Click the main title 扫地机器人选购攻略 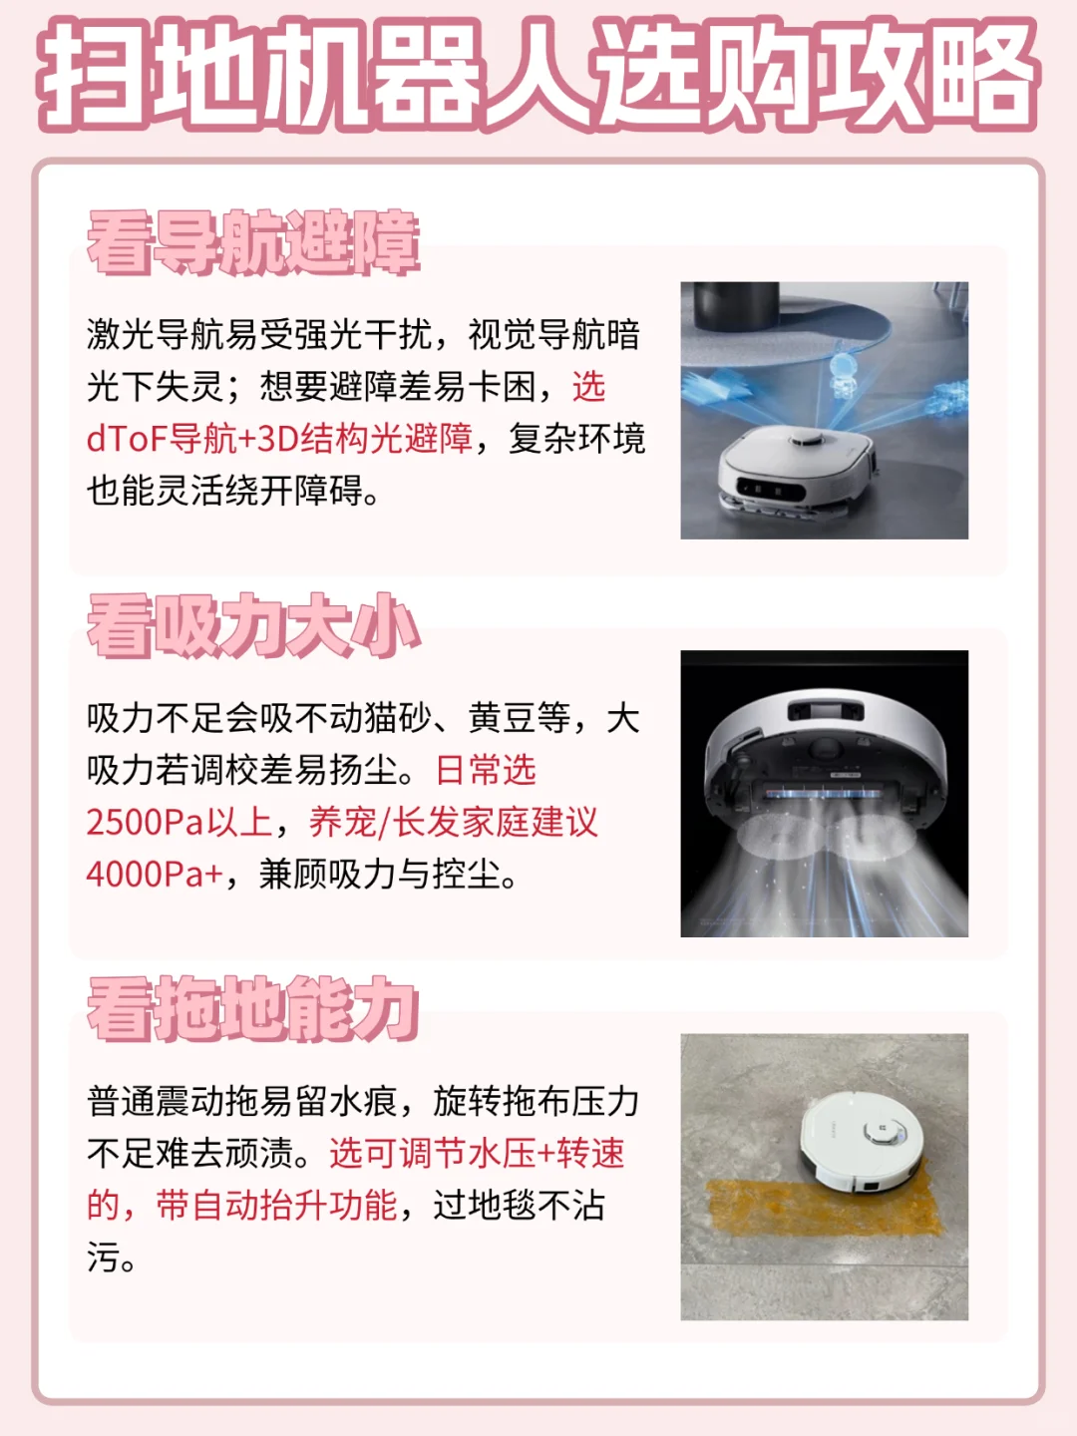538,75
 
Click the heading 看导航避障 253,242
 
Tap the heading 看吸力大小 253,626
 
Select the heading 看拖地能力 253,1009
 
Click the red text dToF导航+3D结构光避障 279,439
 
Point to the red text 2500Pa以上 179,823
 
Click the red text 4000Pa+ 155,875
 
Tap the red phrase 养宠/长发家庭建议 454,823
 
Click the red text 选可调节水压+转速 477,1154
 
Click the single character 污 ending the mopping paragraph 103,1257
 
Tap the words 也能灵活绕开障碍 224,491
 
